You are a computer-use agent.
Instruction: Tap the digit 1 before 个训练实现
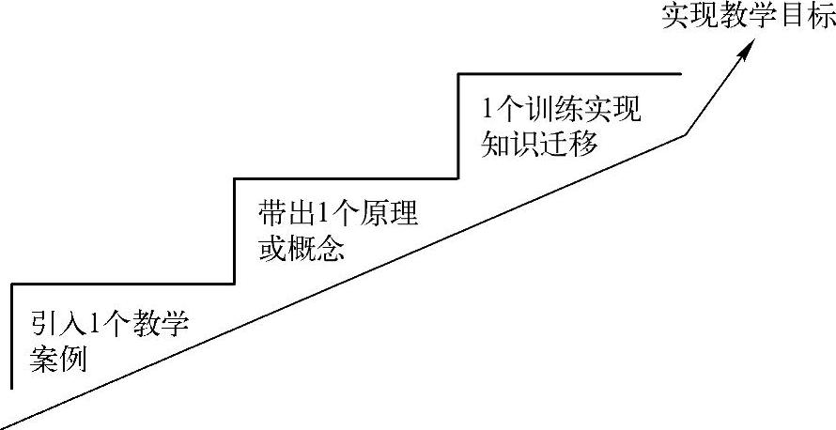[488, 111]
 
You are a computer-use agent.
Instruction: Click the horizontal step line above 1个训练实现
[568, 73]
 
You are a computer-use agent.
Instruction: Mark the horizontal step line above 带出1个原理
[345, 177]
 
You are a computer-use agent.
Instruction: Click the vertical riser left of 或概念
[233, 230]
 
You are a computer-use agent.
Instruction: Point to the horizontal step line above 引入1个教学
[122, 283]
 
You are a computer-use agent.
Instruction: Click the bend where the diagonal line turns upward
[685, 135]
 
